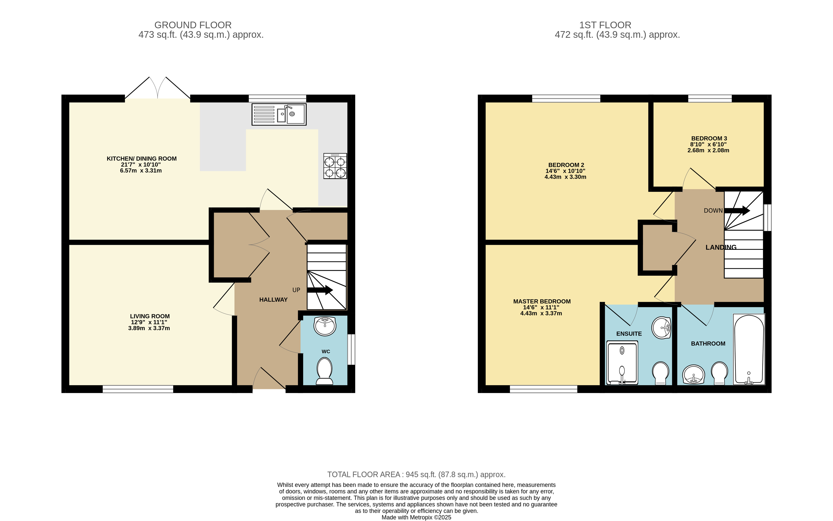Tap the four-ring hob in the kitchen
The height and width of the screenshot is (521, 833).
point(335,166)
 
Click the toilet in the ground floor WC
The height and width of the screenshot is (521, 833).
point(324,371)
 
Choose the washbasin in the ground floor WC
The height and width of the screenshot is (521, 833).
point(325,326)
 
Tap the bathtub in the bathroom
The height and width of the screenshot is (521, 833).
point(749,349)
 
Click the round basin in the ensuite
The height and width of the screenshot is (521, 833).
point(661,327)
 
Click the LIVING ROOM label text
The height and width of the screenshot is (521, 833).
point(150,316)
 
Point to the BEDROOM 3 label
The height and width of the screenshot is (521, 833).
point(709,138)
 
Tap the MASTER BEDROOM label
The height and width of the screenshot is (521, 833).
point(542,301)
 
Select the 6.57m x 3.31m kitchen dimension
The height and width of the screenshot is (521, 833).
point(141,171)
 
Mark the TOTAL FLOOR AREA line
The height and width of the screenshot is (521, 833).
point(416,474)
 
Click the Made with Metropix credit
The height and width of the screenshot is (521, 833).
point(416,517)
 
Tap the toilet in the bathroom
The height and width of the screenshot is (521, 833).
point(719,373)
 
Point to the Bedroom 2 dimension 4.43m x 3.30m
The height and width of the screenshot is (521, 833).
point(565,177)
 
